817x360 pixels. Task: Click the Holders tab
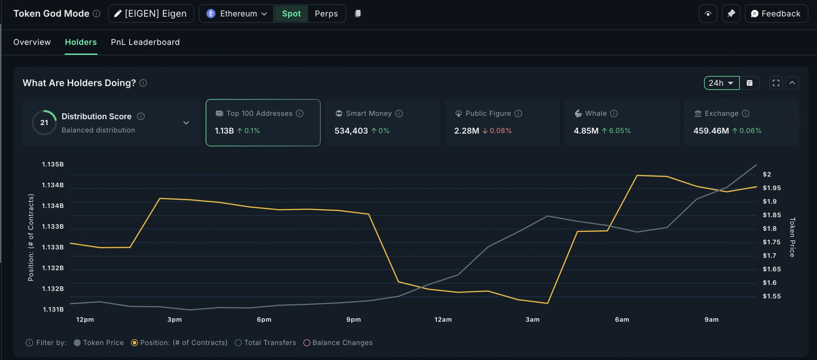pos(81,42)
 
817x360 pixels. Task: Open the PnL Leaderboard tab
pos(145,42)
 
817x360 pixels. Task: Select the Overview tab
pos(32,42)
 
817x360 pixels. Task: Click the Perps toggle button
pos(326,14)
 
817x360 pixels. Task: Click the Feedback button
pos(776,14)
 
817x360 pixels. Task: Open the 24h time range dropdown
pos(721,83)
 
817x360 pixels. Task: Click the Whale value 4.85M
pos(586,131)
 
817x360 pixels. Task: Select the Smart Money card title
pos(369,114)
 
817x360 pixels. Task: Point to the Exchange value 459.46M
pos(711,131)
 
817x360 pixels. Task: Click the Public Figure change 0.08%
pos(500,131)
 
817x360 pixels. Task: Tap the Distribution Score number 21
pos(44,123)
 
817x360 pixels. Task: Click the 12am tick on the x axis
pos(443,319)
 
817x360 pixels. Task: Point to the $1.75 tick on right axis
pos(772,242)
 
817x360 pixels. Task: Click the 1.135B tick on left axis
pos(53,164)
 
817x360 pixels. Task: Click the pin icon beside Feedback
pos(731,14)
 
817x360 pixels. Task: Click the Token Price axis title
pos(792,237)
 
